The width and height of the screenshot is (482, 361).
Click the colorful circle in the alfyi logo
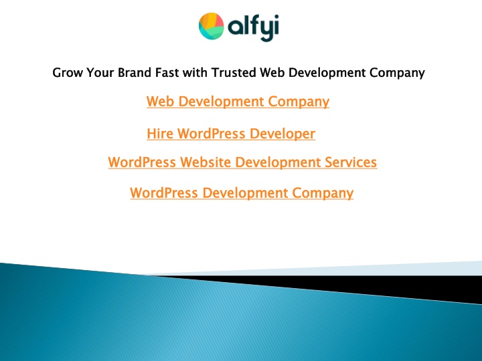pos(212,26)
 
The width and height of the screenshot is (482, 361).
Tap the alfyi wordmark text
pos(253,27)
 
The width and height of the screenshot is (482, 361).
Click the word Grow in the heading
pos(68,73)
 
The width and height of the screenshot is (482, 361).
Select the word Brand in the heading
pos(135,72)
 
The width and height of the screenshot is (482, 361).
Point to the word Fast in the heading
pos(167,72)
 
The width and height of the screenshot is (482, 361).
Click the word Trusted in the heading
pos(234,72)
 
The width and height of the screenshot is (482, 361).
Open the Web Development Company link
pos(238,102)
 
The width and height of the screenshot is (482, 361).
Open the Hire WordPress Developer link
pos(231,134)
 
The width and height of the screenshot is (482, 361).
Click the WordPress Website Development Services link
pos(242,162)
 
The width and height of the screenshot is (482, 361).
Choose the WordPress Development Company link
pos(242,193)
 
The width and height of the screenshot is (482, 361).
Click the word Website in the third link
pos(206,162)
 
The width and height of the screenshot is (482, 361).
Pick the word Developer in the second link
pos(283,134)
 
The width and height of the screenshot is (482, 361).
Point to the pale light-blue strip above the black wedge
pos(338,269)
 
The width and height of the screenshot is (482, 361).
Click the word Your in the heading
pos(100,72)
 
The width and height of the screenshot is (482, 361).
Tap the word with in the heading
pos(195,72)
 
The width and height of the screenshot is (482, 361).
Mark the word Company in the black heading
pos(397,73)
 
